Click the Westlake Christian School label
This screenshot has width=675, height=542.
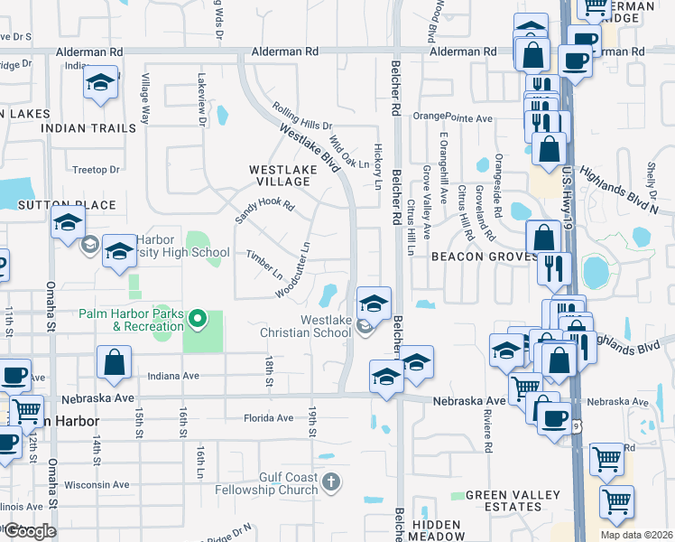coord(312,326)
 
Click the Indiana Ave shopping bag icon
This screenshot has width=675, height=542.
coord(116,364)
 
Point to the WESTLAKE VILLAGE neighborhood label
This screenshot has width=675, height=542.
coord(280,175)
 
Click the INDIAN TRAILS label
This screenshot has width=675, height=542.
coord(88,128)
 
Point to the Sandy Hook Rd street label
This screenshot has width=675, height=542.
coord(265,212)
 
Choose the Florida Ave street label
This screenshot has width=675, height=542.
coord(269,418)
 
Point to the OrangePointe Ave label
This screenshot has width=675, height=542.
coord(453,117)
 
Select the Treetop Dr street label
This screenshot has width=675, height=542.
coord(96,169)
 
